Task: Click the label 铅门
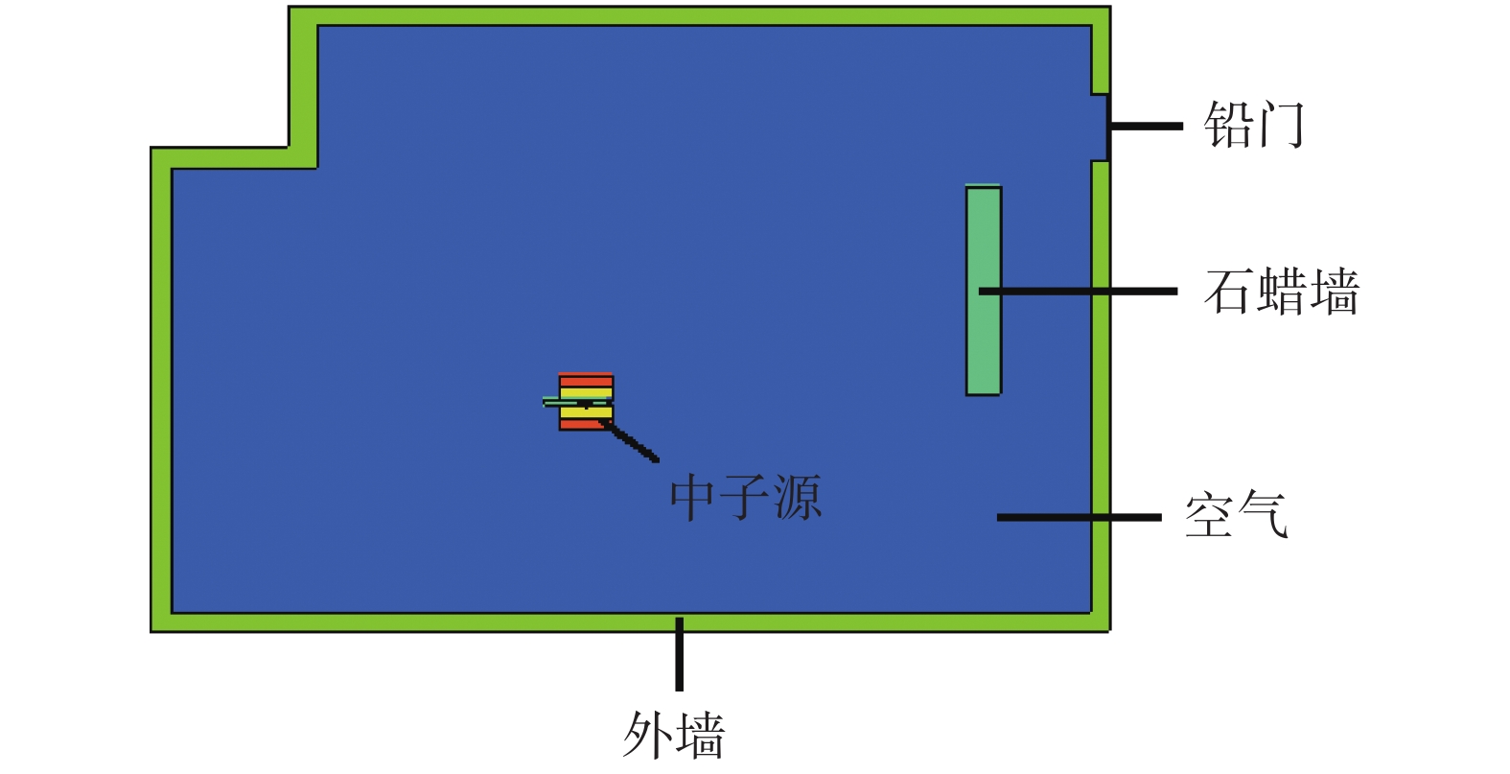pos(1253,125)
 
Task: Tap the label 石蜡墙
pos(1282,292)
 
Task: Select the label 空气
pos(1236,516)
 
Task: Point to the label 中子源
pos(745,497)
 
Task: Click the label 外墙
pos(674,736)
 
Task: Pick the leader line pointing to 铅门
pos(1146,126)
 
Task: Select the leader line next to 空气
pos(1079,517)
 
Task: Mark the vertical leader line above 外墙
pos(679,654)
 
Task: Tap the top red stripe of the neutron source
pos(586,381)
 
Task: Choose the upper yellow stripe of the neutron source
pos(586,392)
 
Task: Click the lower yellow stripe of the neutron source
pos(586,413)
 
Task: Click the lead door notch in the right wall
pos(1100,127)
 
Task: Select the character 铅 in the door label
pos(1226,125)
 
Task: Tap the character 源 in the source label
pos(797,497)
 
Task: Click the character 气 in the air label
pos(1262,516)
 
